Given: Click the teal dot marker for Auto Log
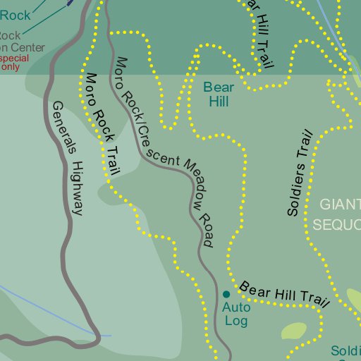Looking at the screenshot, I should pos(226,294).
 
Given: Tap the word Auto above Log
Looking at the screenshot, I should pos(236,307).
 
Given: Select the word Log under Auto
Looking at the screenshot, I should pos(237,320).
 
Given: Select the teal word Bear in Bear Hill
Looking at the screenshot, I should pos(218,87).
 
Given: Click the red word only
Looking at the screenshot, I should pos(10,67).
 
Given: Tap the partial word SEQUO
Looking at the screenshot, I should pos(337,224).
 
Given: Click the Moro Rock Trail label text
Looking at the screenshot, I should pos(102,123).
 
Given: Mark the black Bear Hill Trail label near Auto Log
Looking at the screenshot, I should pos(285,294).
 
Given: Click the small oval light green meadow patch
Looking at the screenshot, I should pos(293,331).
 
